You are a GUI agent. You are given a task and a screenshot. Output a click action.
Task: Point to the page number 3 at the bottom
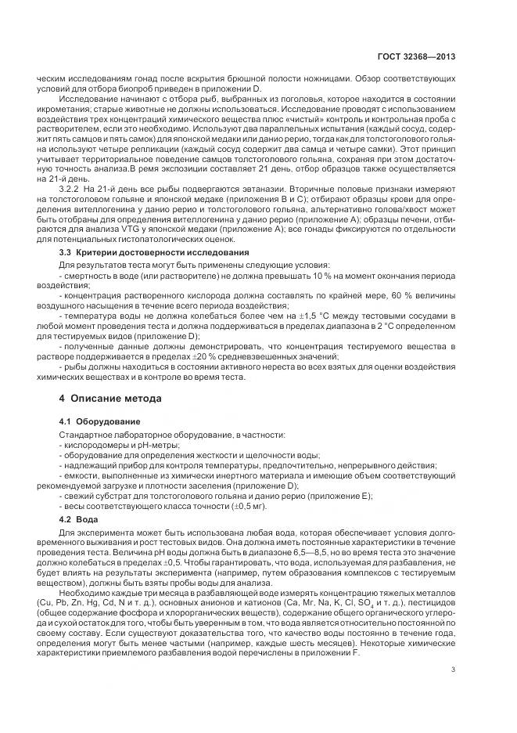[454, 669]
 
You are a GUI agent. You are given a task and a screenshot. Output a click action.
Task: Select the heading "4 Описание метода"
[111, 399]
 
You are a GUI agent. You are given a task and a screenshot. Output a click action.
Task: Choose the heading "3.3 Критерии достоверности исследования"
[154, 253]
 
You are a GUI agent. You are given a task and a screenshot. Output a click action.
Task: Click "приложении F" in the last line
[333, 643]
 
